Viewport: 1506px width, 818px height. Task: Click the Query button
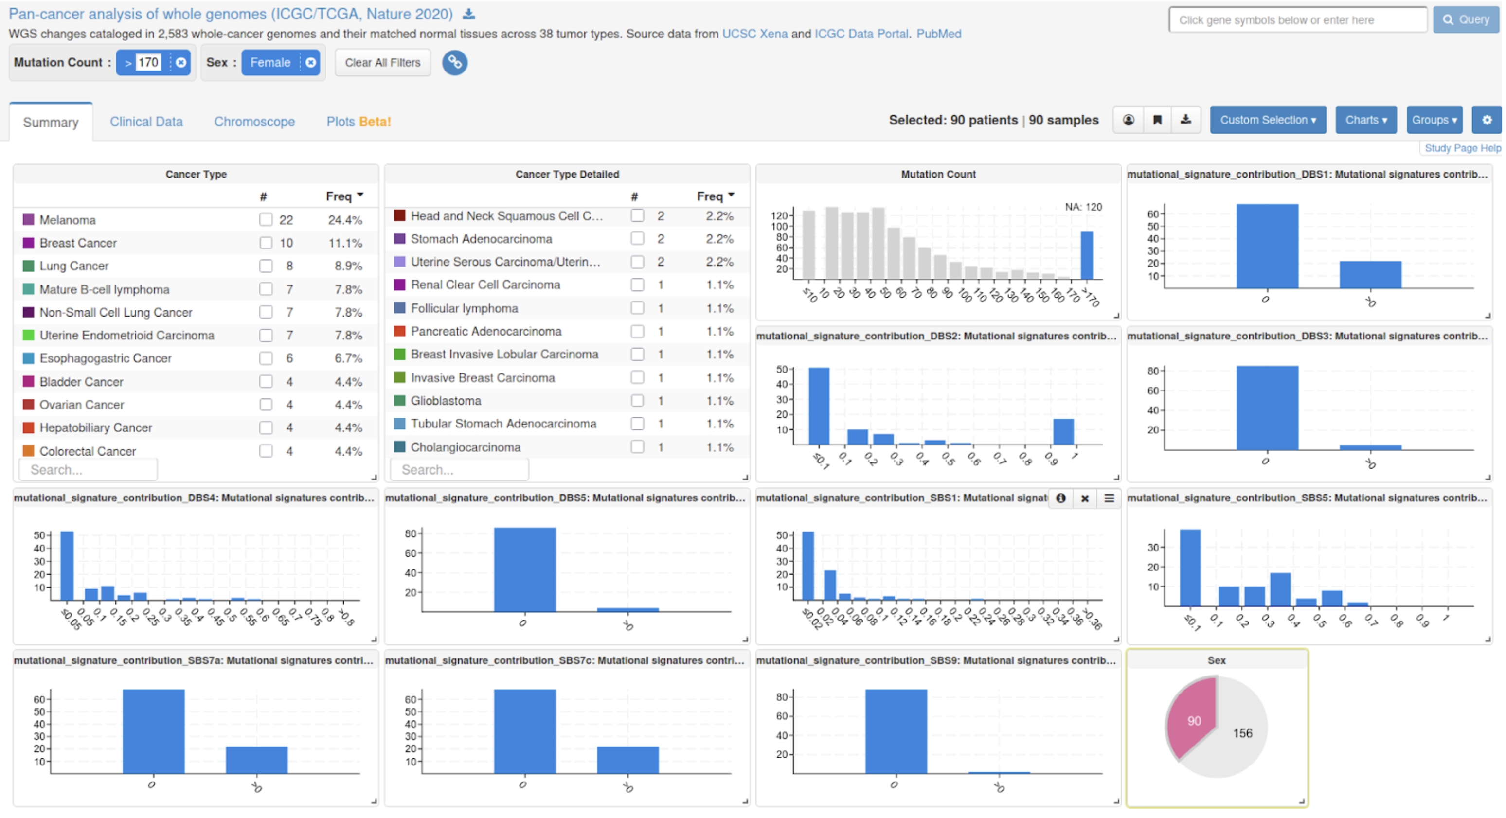click(x=1466, y=20)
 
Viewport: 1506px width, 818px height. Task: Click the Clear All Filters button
click(x=382, y=63)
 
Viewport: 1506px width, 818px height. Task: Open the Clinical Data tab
click(x=146, y=122)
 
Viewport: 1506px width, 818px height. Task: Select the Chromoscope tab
click(x=254, y=122)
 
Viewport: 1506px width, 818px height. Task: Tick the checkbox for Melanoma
click(x=266, y=219)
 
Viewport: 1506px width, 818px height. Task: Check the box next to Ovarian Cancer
click(x=266, y=404)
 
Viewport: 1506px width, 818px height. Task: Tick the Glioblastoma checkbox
click(x=637, y=401)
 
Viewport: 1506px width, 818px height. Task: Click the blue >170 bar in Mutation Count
click(x=1086, y=255)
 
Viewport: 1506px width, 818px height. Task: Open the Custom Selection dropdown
click(x=1268, y=120)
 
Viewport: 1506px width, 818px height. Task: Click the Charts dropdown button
click(x=1366, y=120)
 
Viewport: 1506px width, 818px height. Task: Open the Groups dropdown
click(x=1434, y=120)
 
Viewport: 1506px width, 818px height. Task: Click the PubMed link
click(x=938, y=34)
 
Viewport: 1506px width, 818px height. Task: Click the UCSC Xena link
click(x=755, y=34)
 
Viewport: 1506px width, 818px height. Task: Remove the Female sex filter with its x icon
click(x=310, y=63)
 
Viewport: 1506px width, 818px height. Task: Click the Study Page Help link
click(x=1462, y=148)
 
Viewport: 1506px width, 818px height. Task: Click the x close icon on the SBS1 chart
click(x=1084, y=498)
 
